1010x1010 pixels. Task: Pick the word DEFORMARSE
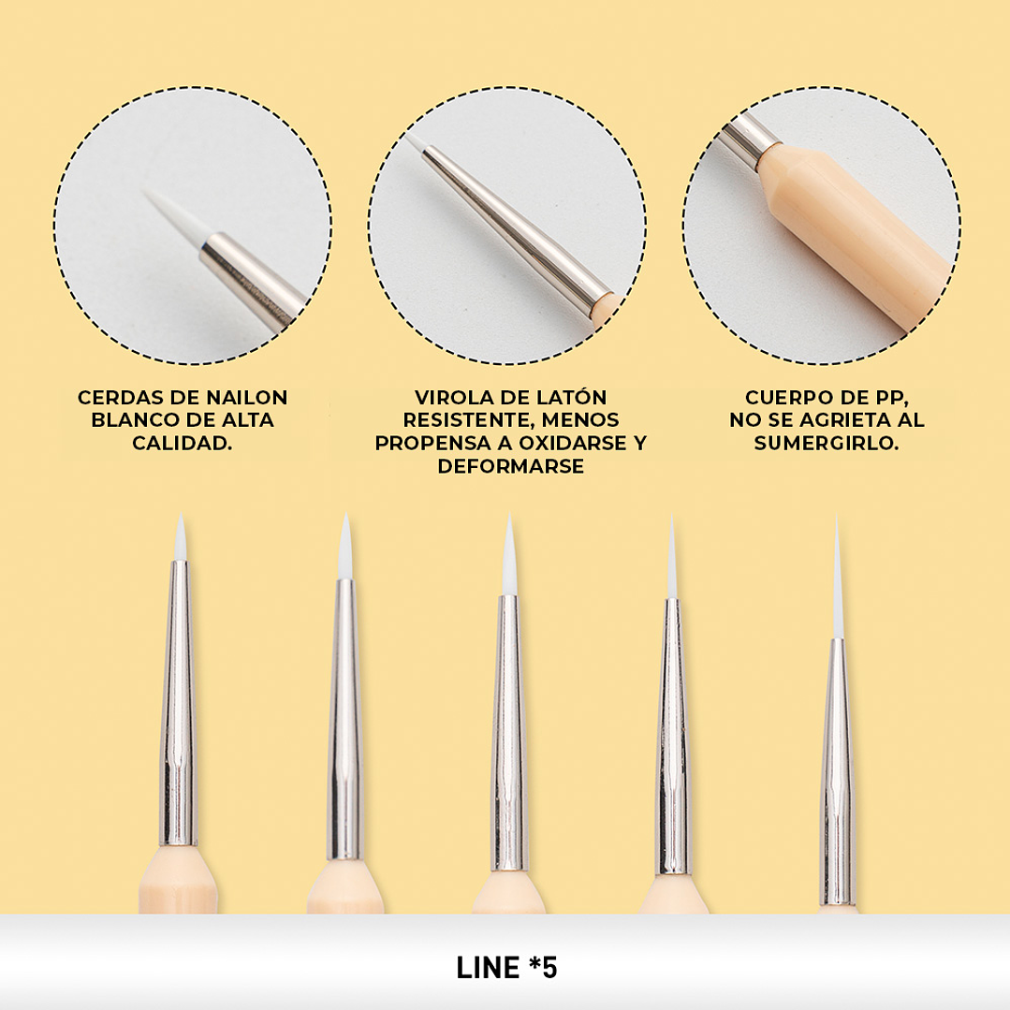pyautogui.click(x=511, y=466)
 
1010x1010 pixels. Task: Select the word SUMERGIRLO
pyautogui.click(x=827, y=443)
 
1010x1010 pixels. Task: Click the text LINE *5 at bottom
pyautogui.click(x=506, y=968)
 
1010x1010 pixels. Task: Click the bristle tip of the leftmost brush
pyautogui.click(x=181, y=537)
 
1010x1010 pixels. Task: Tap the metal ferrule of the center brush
pyautogui.click(x=509, y=734)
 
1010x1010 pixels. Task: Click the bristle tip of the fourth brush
pyautogui.click(x=672, y=557)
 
